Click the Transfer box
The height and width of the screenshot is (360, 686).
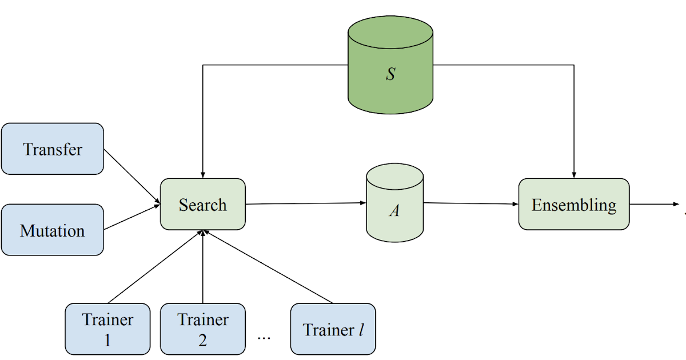click(x=53, y=149)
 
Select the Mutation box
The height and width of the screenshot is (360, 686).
click(x=53, y=230)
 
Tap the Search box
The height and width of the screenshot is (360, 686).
click(x=203, y=205)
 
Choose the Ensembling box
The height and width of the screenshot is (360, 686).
click(x=574, y=205)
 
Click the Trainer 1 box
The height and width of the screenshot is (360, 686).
click(x=107, y=329)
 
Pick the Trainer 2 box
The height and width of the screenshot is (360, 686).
click(x=203, y=329)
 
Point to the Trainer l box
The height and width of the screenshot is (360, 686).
click(x=333, y=329)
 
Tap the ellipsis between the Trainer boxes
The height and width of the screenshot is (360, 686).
click(x=264, y=337)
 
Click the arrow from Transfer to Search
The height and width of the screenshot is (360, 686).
click(x=132, y=176)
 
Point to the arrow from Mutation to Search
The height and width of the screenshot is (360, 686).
click(x=132, y=217)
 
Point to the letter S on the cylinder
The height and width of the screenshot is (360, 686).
click(x=390, y=74)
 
